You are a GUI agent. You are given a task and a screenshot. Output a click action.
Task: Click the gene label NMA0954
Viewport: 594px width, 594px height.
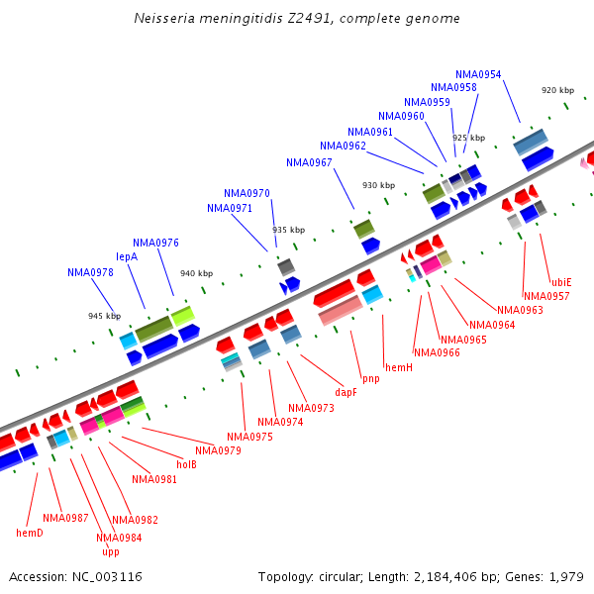pos(478,74)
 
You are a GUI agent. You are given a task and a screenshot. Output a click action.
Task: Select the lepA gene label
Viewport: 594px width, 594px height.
pos(127,256)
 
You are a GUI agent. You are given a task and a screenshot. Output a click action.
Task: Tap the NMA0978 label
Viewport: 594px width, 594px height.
pos(90,272)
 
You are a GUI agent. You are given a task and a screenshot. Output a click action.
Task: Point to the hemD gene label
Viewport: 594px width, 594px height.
pos(30,533)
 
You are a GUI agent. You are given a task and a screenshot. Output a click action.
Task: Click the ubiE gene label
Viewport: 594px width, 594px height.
pos(561,282)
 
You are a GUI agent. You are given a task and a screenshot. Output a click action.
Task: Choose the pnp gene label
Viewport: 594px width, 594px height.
pos(370,379)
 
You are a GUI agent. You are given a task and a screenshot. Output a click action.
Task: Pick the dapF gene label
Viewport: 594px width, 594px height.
pos(346,392)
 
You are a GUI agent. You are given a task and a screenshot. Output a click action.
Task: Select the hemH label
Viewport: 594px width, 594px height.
pos(398,367)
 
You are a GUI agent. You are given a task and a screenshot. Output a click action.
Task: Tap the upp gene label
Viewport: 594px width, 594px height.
pos(110,551)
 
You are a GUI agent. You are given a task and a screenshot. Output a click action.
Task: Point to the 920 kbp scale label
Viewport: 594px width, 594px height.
pos(557,90)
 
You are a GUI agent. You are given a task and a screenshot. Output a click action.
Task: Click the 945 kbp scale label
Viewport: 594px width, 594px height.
pos(104,316)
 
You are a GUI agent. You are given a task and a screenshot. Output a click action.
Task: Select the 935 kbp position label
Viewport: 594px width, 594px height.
pos(288,229)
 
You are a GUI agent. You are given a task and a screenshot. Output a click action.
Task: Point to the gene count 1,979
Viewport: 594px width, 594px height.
pos(566,576)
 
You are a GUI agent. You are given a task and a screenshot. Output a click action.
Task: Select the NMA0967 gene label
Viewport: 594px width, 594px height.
pos(309,162)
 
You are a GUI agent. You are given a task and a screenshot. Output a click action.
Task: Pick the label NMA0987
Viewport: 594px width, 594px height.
pos(65,518)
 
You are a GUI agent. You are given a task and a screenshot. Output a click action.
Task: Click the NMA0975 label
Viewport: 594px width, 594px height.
pos(249,437)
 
